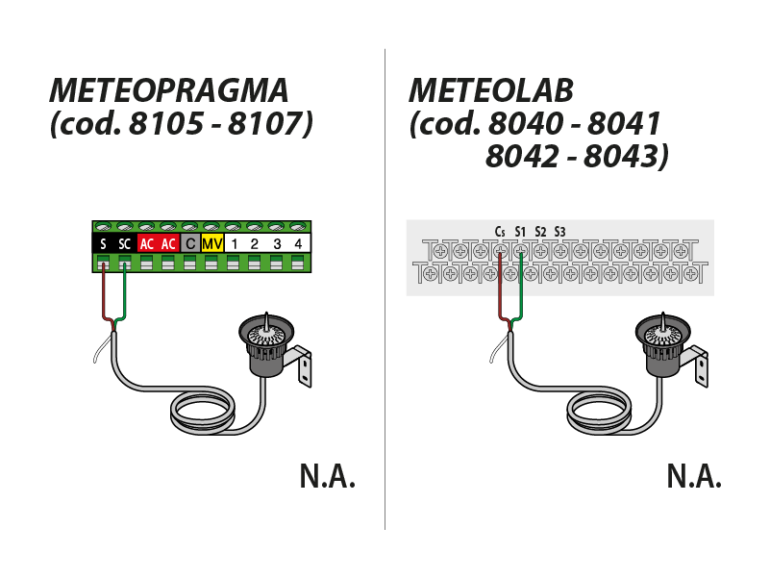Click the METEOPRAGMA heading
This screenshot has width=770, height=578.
(168, 90)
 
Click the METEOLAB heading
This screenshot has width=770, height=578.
(490, 90)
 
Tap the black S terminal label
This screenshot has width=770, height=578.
(103, 244)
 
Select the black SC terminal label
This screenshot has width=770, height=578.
(124, 244)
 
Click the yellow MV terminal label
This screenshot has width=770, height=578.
(211, 244)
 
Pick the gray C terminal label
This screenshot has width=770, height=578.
(190, 244)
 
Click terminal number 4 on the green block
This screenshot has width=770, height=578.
(298, 244)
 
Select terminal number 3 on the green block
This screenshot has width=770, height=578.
(277, 244)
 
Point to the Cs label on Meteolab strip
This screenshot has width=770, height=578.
(500, 231)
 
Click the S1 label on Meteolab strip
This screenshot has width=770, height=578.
(520, 231)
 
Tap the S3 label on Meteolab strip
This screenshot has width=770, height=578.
(560, 231)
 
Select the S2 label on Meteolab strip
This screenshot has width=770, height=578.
(540, 231)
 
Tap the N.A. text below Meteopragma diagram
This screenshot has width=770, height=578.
(327, 476)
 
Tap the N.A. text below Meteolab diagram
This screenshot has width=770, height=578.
(693, 476)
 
